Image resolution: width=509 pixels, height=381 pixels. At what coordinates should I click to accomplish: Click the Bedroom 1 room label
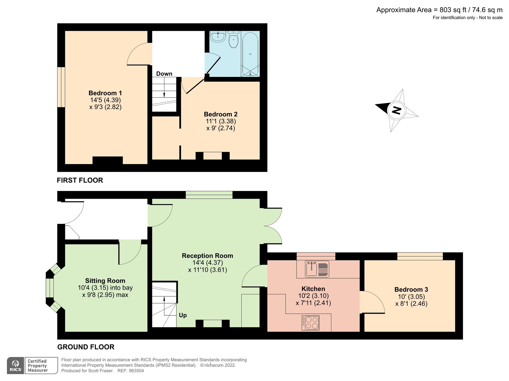pos(105,93)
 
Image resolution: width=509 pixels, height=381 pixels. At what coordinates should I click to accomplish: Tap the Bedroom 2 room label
pos(220,114)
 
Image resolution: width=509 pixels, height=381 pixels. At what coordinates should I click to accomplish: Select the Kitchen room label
pos(313,289)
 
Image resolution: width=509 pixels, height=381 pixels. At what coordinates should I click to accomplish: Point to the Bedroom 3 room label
pos(411,289)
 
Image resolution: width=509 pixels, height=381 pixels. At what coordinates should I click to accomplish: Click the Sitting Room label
pos(105,281)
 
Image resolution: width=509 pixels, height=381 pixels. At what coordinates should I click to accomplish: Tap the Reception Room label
pos(207,256)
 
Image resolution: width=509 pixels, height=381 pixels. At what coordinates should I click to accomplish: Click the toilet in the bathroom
pos(233,40)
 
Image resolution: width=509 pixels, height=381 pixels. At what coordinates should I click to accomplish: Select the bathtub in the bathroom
pos(250,54)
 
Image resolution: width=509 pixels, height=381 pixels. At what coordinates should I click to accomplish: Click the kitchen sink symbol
pos(317,269)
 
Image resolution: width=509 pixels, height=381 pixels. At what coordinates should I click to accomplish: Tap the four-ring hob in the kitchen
pos(310,323)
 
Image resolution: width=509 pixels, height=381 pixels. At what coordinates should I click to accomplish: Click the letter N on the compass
pos(397,111)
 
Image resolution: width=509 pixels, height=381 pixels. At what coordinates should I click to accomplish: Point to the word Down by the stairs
pos(164,74)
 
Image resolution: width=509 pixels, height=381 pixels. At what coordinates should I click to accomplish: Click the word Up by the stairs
pos(183,315)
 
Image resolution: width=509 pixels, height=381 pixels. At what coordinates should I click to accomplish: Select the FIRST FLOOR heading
pos(80,180)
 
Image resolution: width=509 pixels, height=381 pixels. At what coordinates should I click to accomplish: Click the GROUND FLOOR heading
pos(86,347)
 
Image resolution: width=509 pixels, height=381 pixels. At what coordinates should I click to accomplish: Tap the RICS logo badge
pos(16,365)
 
